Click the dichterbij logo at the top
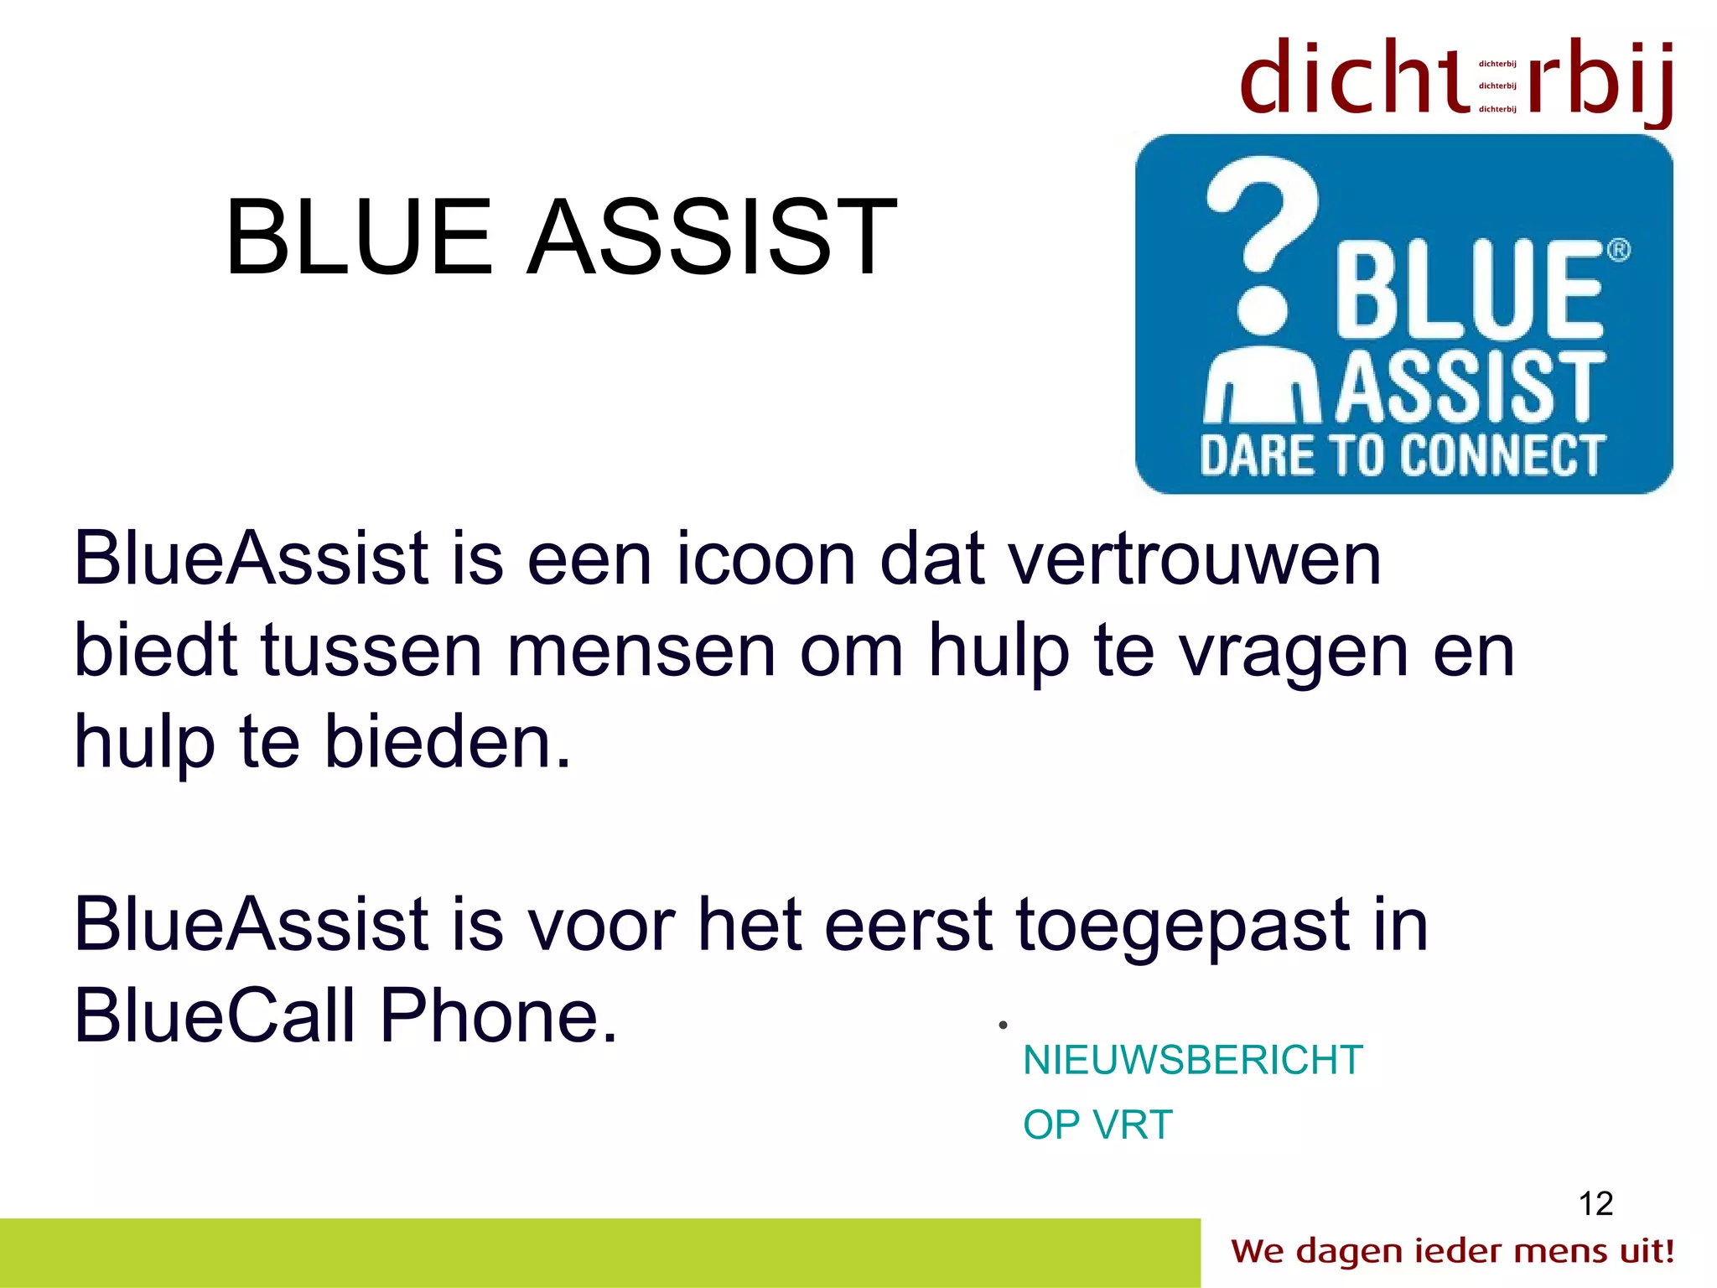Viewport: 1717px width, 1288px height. coord(1457,80)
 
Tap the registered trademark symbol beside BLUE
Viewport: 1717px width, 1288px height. coord(1618,251)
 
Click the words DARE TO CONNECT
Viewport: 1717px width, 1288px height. coord(1402,456)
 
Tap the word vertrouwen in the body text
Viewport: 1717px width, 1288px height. coord(1195,559)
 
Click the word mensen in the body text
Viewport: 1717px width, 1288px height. coord(641,651)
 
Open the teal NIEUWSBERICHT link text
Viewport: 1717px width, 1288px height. coord(1193,1061)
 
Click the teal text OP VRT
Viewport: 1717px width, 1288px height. coord(1097,1125)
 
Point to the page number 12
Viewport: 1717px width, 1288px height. coord(1595,1204)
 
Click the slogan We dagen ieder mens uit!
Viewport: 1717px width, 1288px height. coord(1452,1251)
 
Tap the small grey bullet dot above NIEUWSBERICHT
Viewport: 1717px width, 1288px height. coord(1003,1025)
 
